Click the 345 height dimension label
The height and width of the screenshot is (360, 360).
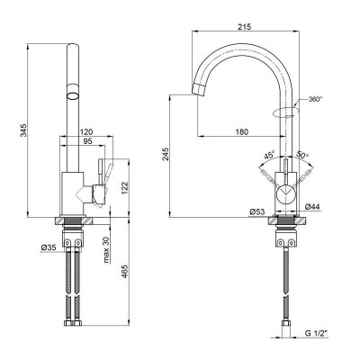pyautogui.click(x=23, y=130)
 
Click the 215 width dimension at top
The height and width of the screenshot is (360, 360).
pyautogui.click(x=245, y=26)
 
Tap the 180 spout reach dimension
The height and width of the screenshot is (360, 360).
pyautogui.click(x=241, y=131)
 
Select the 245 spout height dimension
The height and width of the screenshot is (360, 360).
pyautogui.click(x=166, y=154)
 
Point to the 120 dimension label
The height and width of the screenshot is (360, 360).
pyautogui.click(x=86, y=131)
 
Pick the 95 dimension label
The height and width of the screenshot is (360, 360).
pyautogui.click(x=87, y=141)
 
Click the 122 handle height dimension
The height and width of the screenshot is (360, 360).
pyautogui.click(x=125, y=188)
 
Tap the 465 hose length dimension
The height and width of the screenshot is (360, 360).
pyautogui.click(x=125, y=272)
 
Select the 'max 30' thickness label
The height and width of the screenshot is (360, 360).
pyautogui.click(x=106, y=250)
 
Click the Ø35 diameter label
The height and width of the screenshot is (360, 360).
pyautogui.click(x=49, y=247)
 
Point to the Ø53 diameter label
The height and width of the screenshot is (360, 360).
pyautogui.click(x=257, y=211)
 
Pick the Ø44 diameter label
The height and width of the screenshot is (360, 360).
pyautogui.click(x=312, y=207)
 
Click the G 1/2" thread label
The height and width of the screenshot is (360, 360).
pyautogui.click(x=317, y=333)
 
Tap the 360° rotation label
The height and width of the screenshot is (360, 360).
pyautogui.click(x=315, y=99)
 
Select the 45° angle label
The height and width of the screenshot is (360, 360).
pyautogui.click(x=269, y=156)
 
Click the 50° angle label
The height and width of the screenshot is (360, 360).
pyautogui.click(x=302, y=155)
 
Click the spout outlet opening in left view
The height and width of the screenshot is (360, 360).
pyautogui.click(x=73, y=95)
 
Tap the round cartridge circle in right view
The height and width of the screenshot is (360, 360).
pyautogui.click(x=286, y=193)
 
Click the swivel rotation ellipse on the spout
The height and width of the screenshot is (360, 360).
pyautogui.click(x=286, y=111)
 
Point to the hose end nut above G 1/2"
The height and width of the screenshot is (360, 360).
pyautogui.click(x=285, y=324)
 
